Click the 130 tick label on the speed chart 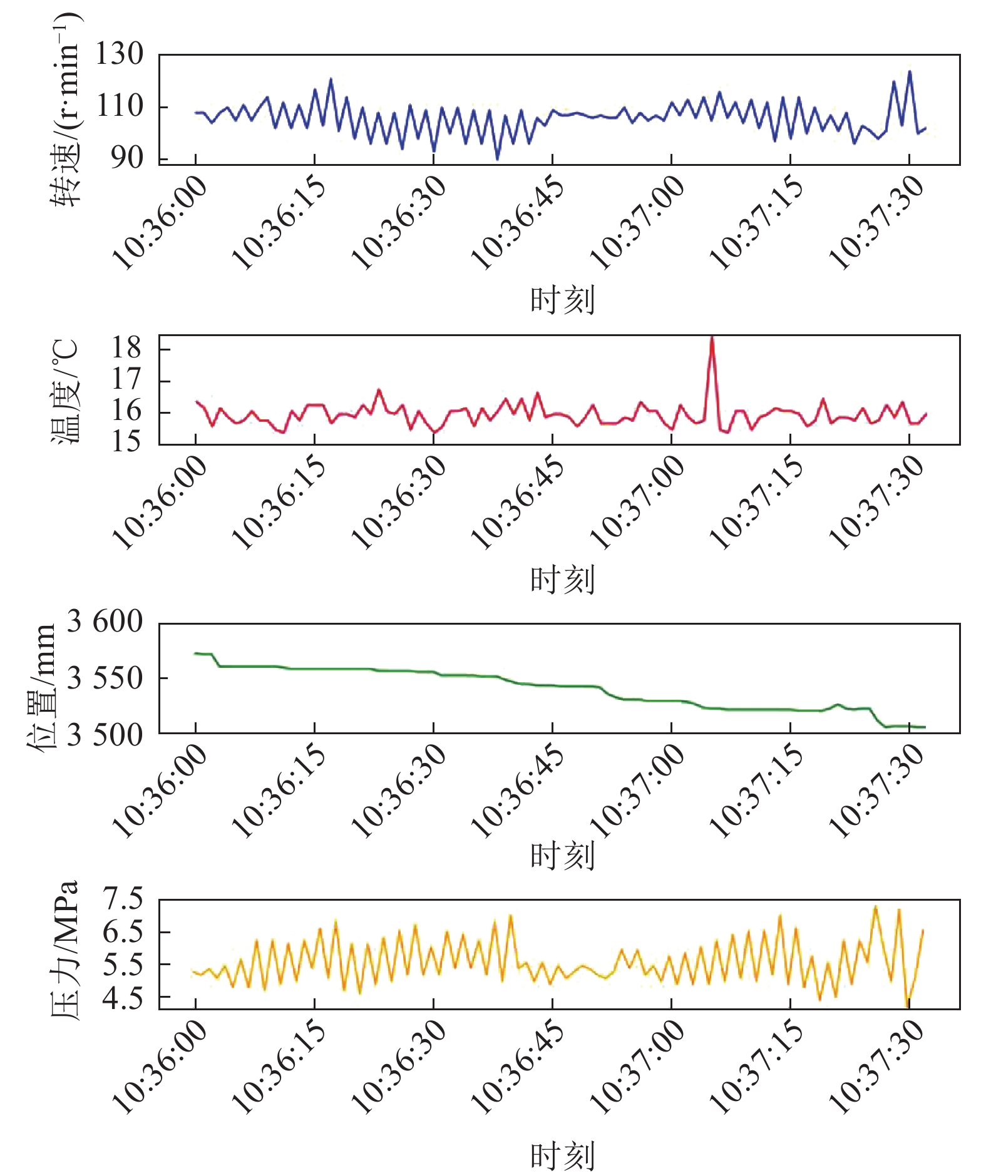pyautogui.click(x=119, y=54)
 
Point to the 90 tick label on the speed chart pyautogui.click(x=127, y=158)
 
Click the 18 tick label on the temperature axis pyautogui.click(x=126, y=347)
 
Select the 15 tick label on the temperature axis pyautogui.click(x=126, y=442)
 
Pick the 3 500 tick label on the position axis pyautogui.click(x=105, y=735)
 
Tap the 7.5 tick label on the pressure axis pyautogui.click(x=123, y=899)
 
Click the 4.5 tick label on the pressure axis pyautogui.click(x=123, y=998)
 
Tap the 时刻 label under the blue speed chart pyautogui.click(x=562, y=300)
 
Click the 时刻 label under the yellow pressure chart pyautogui.click(x=562, y=1156)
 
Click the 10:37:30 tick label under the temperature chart pyautogui.click(x=876, y=503)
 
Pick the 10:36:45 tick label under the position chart pyautogui.click(x=518, y=790)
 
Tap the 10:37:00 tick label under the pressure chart pyautogui.click(x=638, y=1067)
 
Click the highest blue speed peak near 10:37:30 pyautogui.click(x=910, y=72)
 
